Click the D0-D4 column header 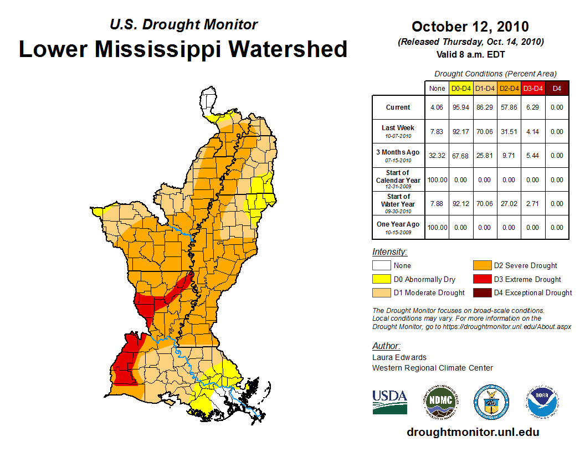(461, 88)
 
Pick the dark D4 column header (557, 88)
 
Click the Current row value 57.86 (509, 107)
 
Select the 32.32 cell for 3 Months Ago (437, 156)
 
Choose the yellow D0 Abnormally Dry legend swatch (381, 279)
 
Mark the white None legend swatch (381, 266)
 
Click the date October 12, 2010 (470, 27)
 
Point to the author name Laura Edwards (399, 357)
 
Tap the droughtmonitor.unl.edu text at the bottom (473, 432)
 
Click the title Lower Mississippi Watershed (183, 49)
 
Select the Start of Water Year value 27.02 (509, 203)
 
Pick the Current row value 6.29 (533, 107)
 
